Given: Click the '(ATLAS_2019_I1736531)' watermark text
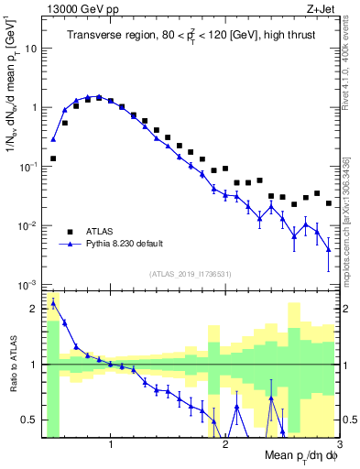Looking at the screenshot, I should [190, 275].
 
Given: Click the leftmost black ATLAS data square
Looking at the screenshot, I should [53, 158].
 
